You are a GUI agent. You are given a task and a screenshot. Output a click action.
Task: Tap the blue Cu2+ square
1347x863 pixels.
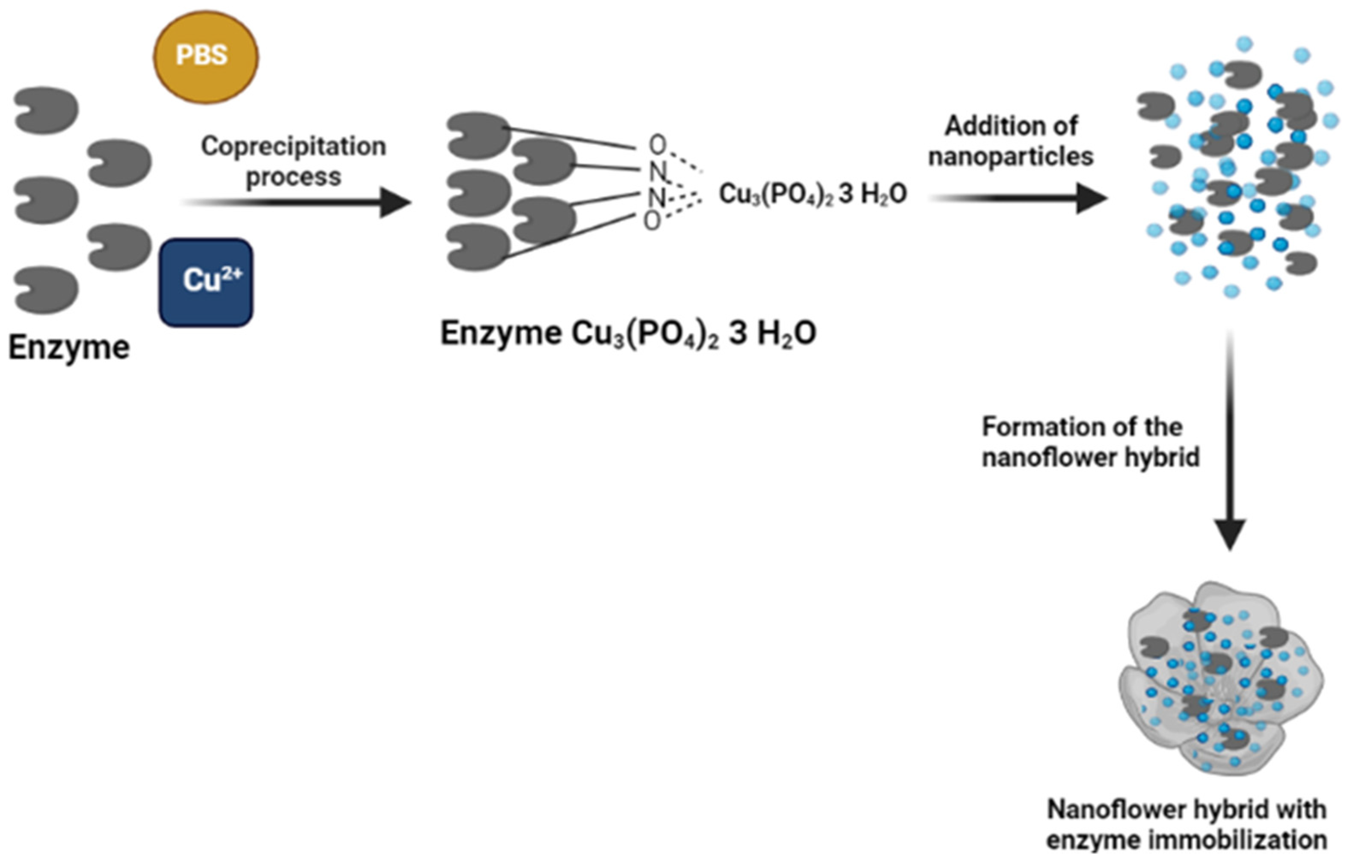point(206,282)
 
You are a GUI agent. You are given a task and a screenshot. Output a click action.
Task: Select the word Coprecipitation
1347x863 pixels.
point(293,146)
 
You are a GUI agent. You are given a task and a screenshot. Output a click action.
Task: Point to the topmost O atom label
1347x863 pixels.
point(657,145)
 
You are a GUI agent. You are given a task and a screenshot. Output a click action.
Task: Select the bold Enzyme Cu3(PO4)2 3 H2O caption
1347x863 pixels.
point(628,334)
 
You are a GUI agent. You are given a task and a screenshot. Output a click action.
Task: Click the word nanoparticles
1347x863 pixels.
point(1010,157)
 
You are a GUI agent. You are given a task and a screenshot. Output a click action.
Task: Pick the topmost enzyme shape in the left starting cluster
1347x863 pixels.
point(46,110)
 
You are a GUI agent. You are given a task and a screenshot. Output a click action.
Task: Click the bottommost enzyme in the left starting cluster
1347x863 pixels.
point(46,290)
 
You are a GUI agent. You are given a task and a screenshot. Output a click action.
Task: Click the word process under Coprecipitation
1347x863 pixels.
point(293,177)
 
